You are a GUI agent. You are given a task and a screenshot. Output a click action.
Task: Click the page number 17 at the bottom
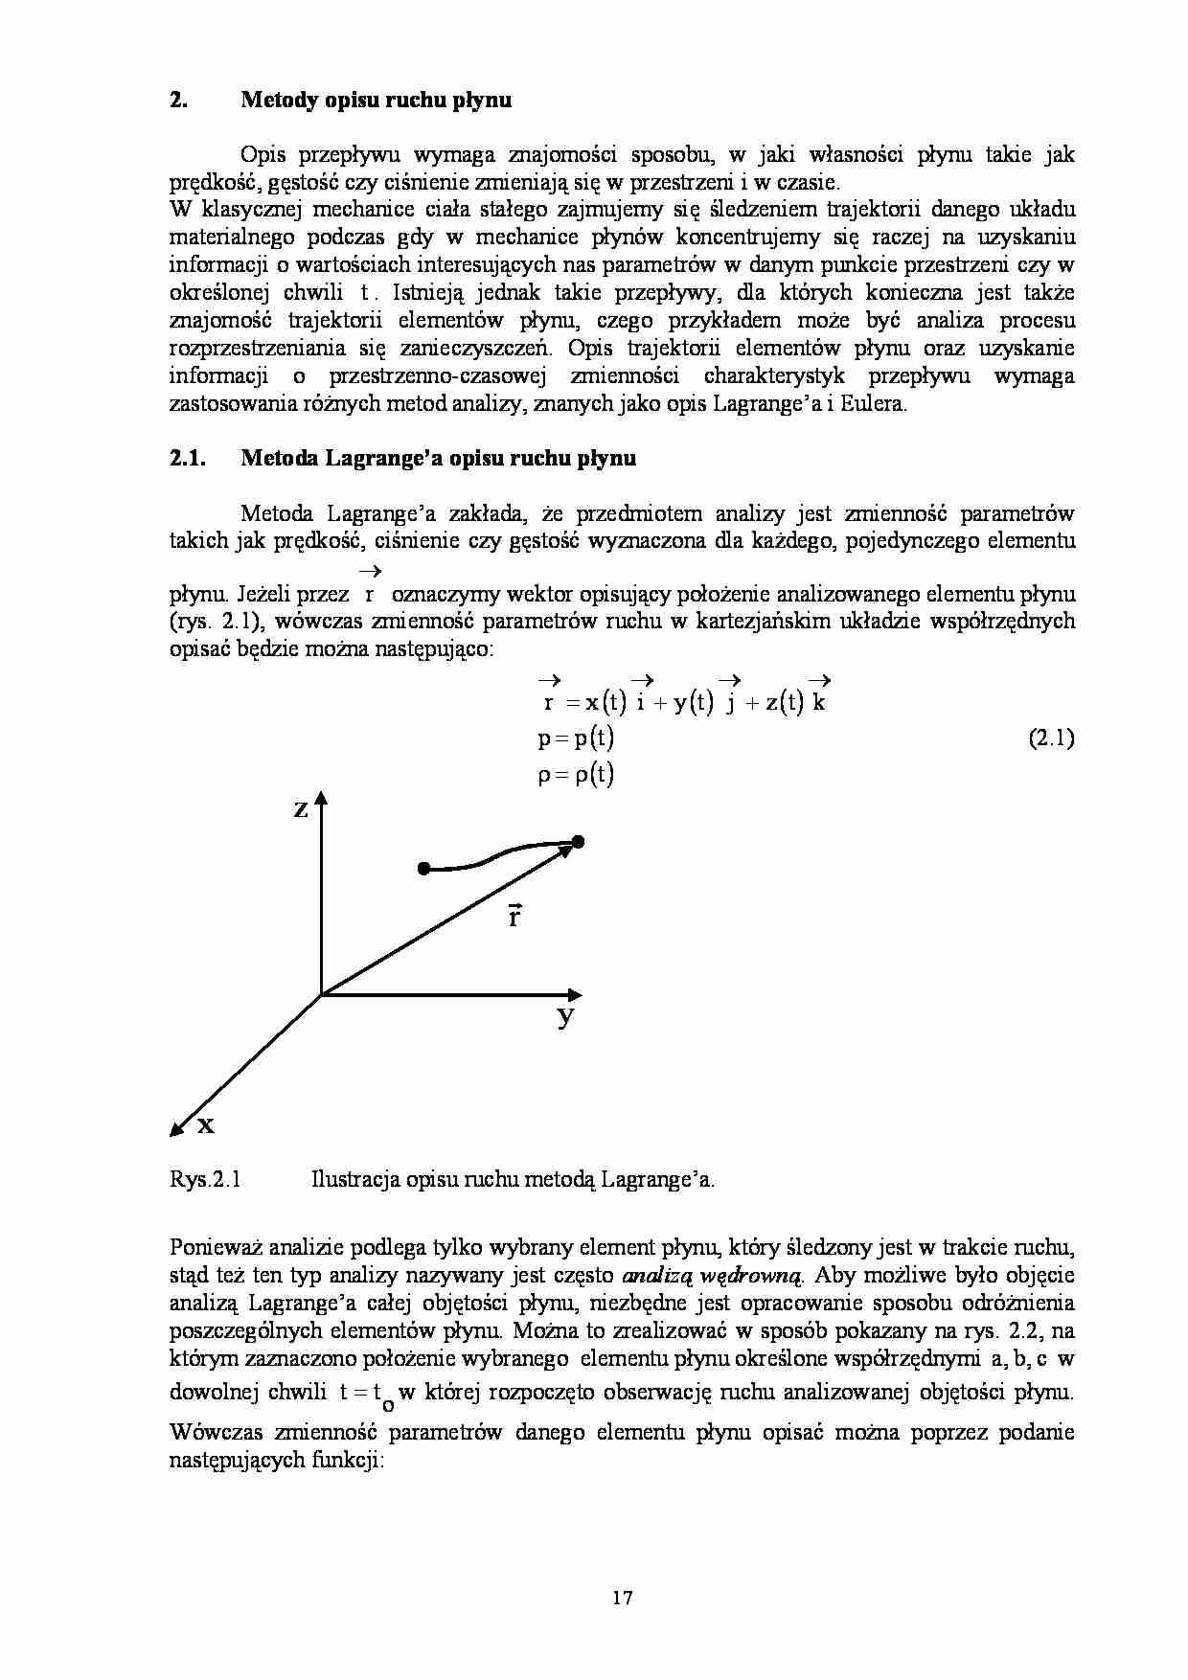[x=622, y=1598]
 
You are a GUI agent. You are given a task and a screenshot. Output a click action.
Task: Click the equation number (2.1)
[x=1051, y=738]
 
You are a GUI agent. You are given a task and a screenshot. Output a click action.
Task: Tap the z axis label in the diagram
[x=300, y=810]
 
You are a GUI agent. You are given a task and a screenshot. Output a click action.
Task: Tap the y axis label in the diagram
[x=566, y=1015]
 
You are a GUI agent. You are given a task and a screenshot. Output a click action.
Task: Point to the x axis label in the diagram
[x=205, y=1125]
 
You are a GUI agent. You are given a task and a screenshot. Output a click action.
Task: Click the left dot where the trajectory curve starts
[x=423, y=869]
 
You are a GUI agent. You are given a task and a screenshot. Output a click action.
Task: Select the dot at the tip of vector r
[x=578, y=842]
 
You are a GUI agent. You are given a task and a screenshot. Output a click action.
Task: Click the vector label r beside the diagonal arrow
[x=514, y=917]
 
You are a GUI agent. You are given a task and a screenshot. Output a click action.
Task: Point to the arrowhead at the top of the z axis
[x=321, y=799]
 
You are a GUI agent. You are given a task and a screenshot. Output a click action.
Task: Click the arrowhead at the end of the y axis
[x=574, y=994]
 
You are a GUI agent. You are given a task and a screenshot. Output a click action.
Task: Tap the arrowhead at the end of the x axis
[x=177, y=1130]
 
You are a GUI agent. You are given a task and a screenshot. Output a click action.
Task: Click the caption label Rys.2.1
[x=204, y=1179]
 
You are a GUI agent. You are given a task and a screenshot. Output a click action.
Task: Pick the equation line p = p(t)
[x=576, y=738]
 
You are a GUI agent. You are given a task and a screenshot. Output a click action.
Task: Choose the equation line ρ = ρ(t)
[x=576, y=774]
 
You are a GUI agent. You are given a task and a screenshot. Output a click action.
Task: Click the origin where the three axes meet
[x=321, y=995]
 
